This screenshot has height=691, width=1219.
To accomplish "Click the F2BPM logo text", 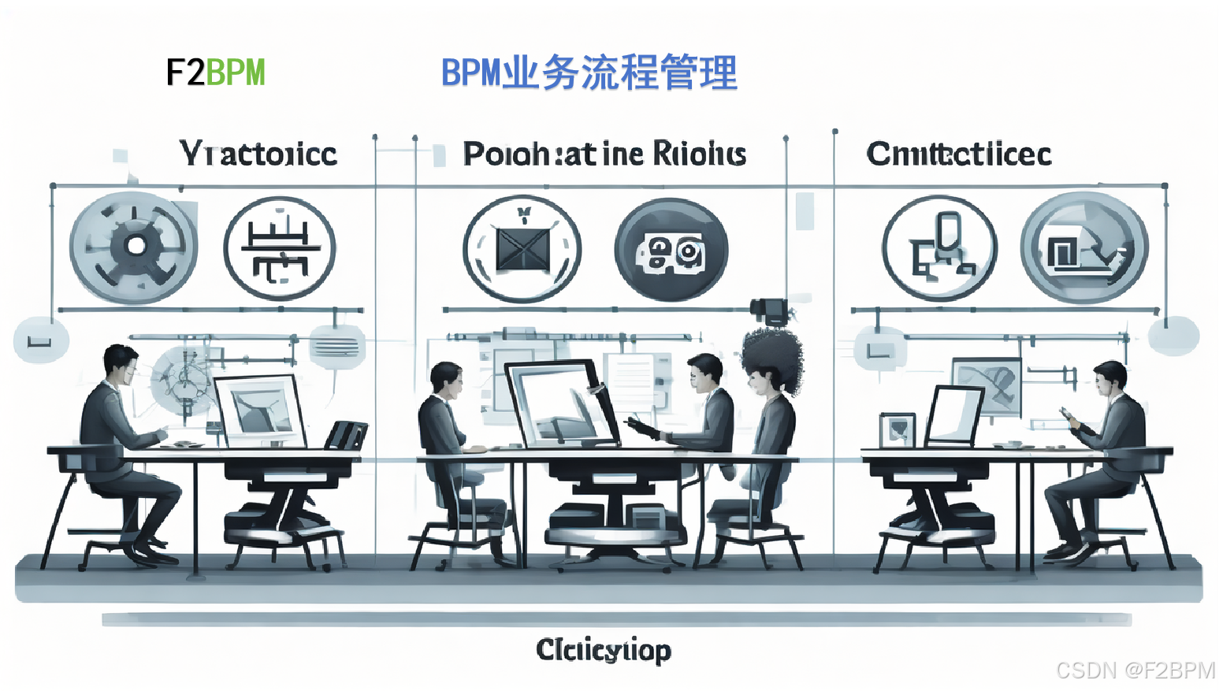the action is point(215,72).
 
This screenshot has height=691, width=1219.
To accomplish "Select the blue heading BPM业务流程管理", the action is point(589,73).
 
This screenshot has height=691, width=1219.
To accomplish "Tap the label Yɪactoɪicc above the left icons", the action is point(258,154).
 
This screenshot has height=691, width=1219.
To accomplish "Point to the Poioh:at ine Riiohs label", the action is point(604,154).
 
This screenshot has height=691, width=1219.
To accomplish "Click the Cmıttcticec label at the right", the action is point(958,154).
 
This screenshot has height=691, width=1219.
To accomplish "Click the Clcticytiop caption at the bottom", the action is point(604,650).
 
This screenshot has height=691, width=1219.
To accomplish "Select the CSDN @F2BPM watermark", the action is point(1135,670).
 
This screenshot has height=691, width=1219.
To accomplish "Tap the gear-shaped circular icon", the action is point(134,247).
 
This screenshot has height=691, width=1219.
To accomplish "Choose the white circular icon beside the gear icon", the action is point(280,248).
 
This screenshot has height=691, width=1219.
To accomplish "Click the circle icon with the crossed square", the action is point(522,249).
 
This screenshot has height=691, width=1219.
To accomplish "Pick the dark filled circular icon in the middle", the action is point(671,250).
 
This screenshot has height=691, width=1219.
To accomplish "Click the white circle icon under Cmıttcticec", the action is point(939,249).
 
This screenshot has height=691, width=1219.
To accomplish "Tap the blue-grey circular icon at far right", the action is point(1084,248).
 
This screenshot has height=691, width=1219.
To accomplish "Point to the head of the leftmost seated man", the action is point(121,364).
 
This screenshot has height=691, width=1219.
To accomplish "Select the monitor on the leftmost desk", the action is point(259,411).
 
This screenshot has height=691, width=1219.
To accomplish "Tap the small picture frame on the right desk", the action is point(898,430).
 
